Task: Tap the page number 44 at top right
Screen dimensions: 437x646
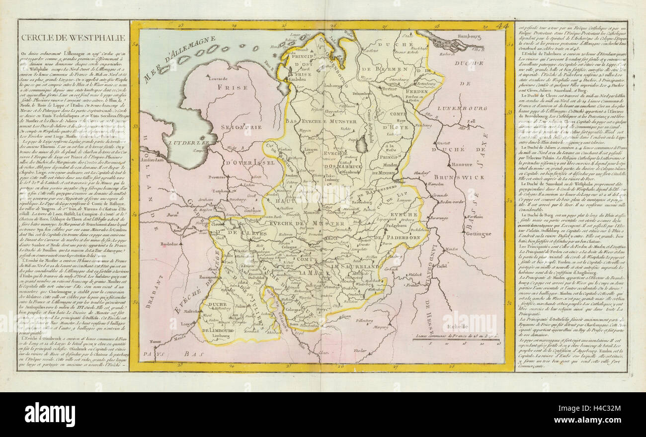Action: [502, 26]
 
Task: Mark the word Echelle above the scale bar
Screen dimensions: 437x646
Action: [455, 326]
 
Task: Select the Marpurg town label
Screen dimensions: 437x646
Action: [380, 328]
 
